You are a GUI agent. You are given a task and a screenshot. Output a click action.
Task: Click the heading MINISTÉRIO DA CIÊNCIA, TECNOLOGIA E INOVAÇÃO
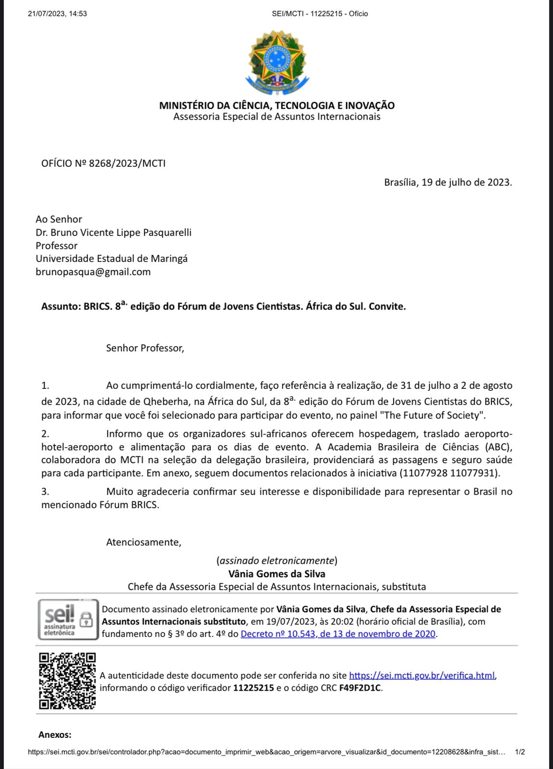276,105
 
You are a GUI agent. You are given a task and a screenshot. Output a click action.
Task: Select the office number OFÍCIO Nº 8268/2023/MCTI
103,163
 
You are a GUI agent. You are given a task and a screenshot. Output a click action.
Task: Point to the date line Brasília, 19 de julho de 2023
447,182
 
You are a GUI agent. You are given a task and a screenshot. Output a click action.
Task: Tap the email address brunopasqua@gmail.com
93,272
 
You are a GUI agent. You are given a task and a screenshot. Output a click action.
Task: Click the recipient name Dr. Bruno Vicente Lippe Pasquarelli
113,233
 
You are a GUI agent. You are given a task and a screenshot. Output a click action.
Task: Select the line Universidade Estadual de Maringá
111,259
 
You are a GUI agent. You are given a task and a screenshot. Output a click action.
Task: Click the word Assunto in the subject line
60,307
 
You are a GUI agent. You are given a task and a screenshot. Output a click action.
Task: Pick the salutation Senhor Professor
145,348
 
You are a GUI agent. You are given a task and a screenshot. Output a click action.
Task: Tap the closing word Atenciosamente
144,542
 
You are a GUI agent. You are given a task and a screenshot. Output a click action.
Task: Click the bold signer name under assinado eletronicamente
276,574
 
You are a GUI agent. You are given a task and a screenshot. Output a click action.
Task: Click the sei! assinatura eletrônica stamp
68,620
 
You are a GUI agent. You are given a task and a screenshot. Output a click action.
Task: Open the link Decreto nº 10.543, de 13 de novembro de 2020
338,634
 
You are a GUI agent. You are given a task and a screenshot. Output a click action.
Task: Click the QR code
67,681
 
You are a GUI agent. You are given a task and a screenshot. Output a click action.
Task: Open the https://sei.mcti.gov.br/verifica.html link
422,675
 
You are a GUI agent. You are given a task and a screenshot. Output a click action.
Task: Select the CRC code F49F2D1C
360,688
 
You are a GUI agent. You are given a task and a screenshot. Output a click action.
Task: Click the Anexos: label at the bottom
55,734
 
